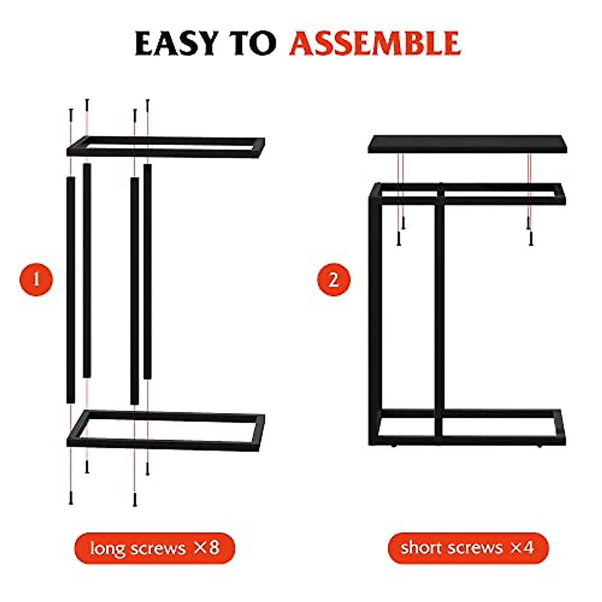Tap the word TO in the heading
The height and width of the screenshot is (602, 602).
(252, 43)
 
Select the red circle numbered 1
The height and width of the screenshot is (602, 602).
(36, 279)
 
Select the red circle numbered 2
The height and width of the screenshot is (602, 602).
(334, 279)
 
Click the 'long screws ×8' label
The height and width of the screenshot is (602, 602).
(155, 548)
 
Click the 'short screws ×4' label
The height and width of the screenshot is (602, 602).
(468, 548)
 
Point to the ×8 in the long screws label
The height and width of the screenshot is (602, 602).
(207, 547)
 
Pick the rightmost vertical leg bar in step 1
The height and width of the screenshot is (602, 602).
(147, 271)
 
